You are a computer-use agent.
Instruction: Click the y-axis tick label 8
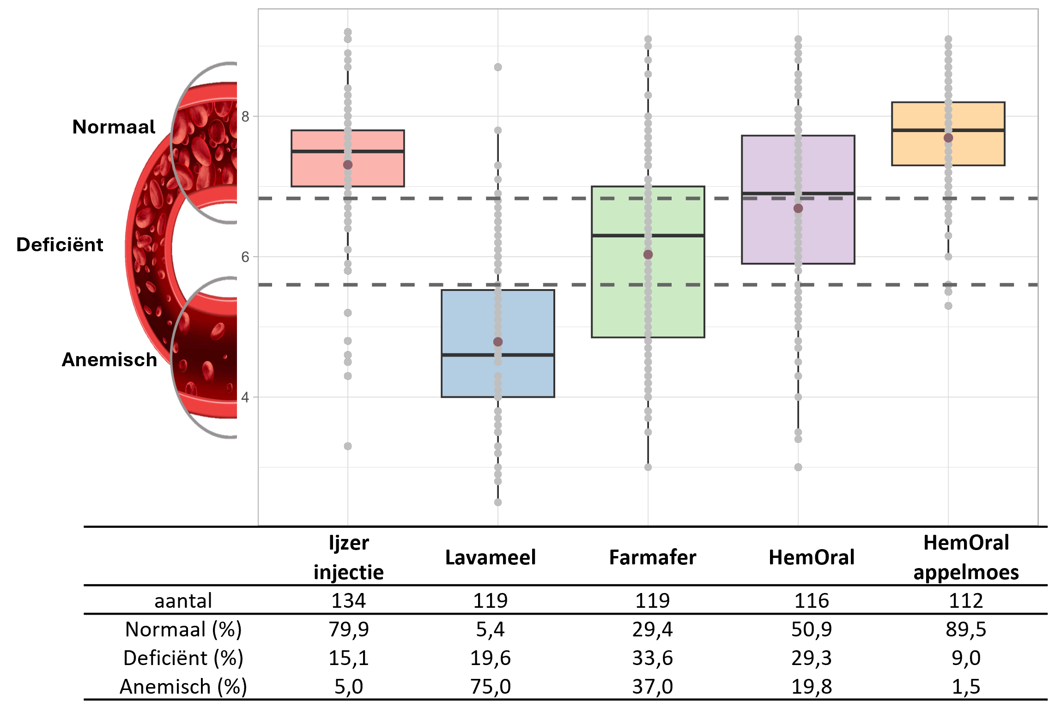pos(245,117)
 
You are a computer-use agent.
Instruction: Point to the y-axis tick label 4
pos(245,397)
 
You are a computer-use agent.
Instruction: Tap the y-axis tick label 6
pos(245,257)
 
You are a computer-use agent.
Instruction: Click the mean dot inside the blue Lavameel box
pos(497,342)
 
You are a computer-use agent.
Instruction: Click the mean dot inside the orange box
pos(948,138)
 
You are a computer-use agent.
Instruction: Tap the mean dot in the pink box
pos(348,165)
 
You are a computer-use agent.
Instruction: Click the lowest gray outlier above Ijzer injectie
pos(348,446)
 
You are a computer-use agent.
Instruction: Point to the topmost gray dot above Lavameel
pos(497,67)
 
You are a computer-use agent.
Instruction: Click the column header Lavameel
pos(490,557)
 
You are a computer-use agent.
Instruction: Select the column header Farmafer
pos(652,557)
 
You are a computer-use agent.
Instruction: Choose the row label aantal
pos(183,601)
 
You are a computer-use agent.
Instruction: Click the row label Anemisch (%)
pos(183,687)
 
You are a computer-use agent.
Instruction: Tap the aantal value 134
pos(348,601)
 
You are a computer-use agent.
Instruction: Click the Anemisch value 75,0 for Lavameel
pos(490,687)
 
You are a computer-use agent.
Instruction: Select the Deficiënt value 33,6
pos(652,658)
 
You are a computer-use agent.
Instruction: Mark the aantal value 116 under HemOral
pos(812,601)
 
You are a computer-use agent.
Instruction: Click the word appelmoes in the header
pos(966,573)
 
